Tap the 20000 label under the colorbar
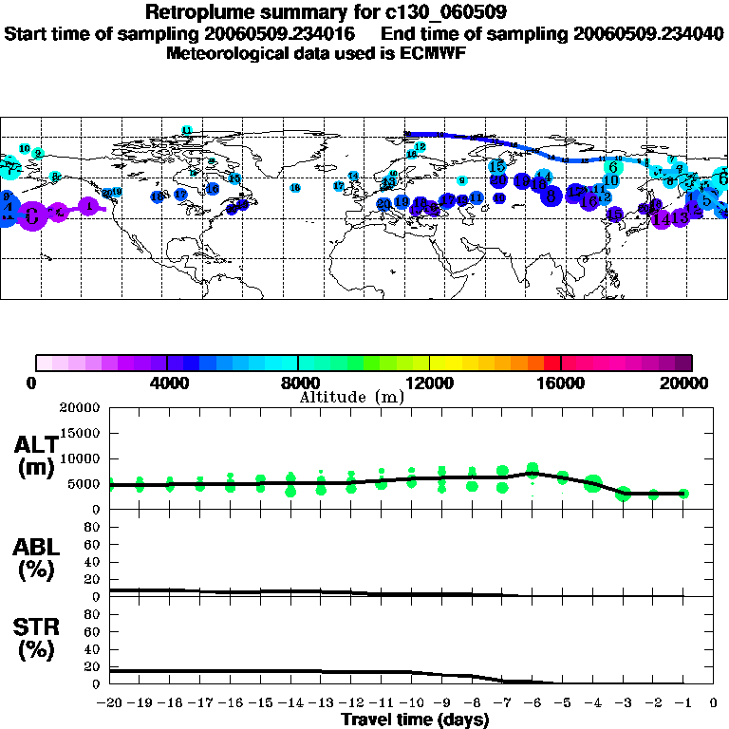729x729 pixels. point(688,383)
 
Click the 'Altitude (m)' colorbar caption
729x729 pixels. point(351,397)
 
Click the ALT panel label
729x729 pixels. point(37,456)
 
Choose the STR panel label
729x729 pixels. point(37,640)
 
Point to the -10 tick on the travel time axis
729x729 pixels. point(411,703)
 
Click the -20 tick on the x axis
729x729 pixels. point(110,703)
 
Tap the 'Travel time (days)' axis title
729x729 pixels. point(415,720)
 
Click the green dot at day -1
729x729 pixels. point(683,494)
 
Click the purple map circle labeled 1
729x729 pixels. point(88,205)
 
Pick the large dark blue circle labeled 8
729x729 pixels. point(551,196)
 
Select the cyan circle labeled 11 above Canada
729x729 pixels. point(187,130)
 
